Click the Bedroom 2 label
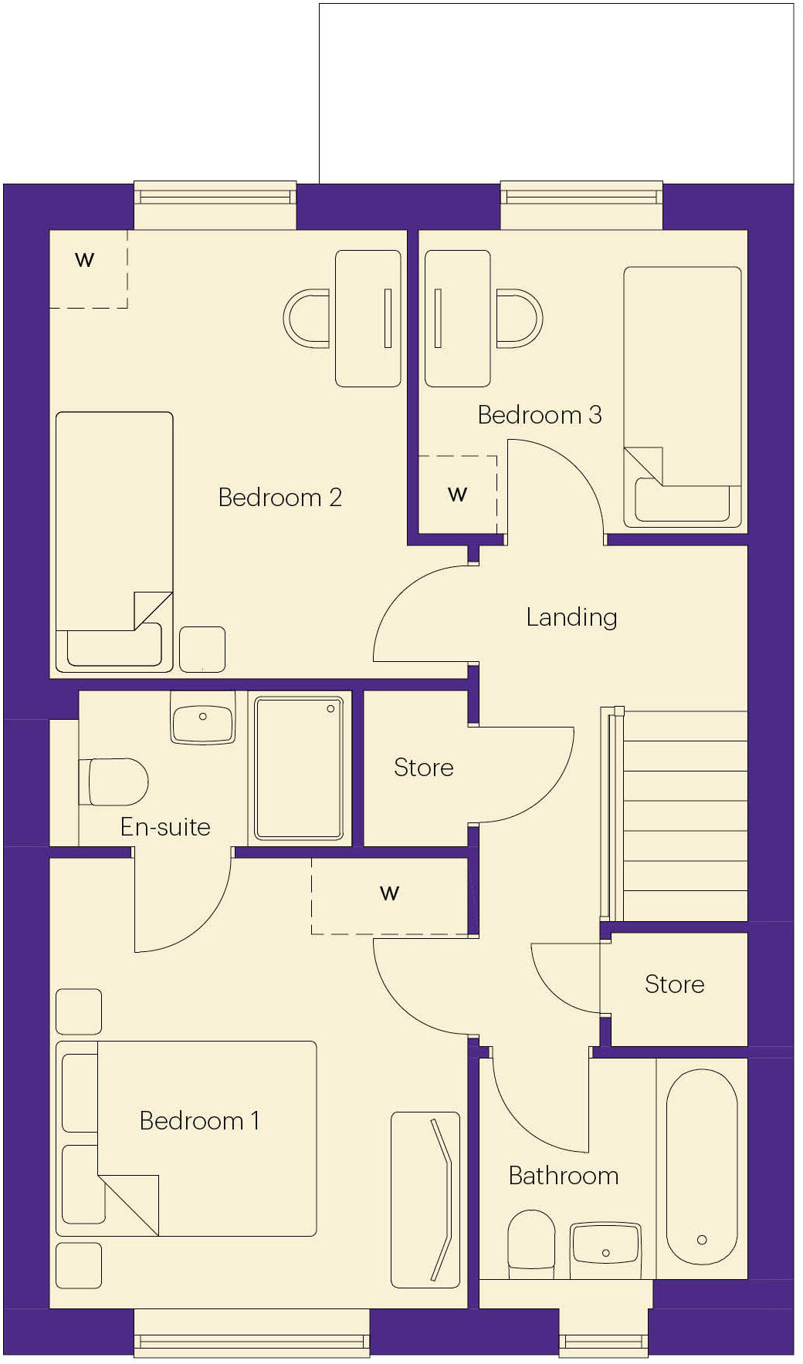[x=280, y=498]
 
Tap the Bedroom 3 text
[x=539, y=415]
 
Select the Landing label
[x=571, y=617]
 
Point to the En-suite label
[x=165, y=827]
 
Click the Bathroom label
[x=564, y=1176]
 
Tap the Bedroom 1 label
[x=199, y=1121]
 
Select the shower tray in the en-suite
[x=299, y=768]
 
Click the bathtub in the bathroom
[x=701, y=1166]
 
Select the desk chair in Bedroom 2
[x=307, y=318]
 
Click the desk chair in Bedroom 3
[x=519, y=318]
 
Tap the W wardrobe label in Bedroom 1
[x=390, y=893]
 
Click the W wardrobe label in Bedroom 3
[x=458, y=494]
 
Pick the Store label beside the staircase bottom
[x=674, y=984]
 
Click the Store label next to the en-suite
[x=423, y=768]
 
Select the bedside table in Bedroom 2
[x=202, y=649]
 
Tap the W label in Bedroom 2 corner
[x=85, y=260]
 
